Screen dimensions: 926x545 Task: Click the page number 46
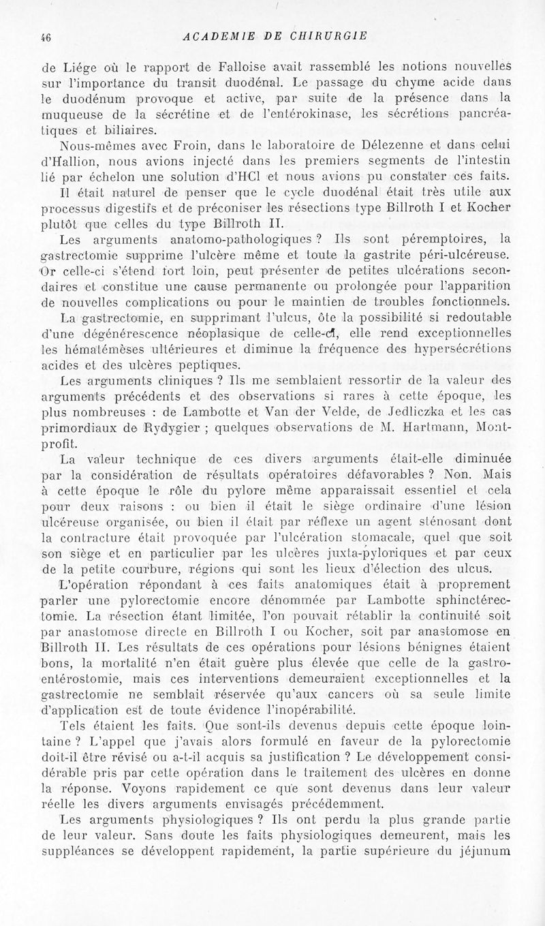coord(46,36)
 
